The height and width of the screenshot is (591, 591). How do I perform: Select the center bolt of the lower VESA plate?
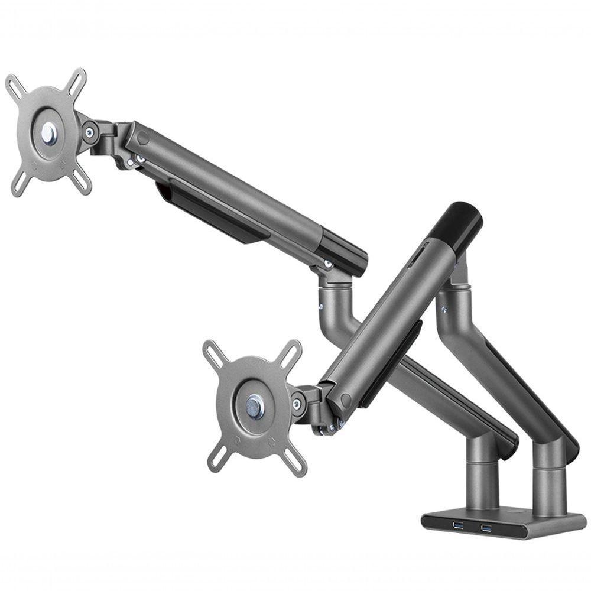[x=255, y=407]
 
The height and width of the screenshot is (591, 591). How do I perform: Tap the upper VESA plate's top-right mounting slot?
[x=77, y=79]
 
